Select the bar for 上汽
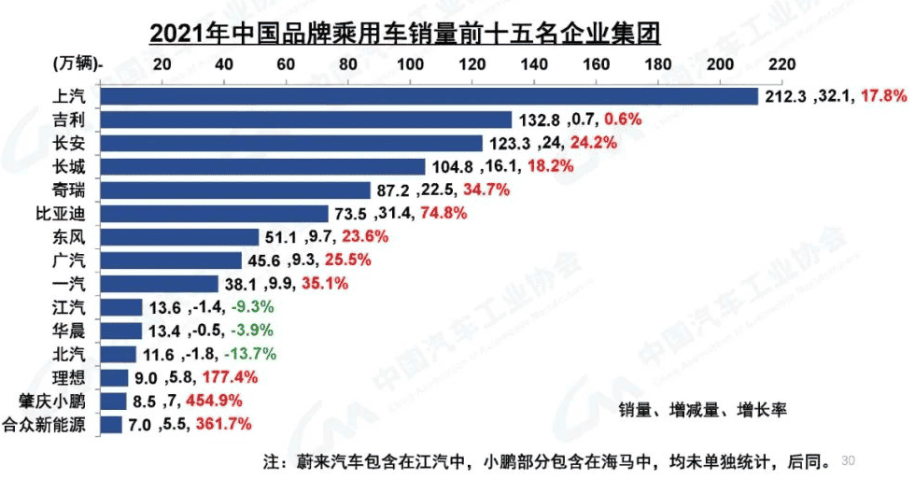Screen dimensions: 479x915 [x=429, y=96]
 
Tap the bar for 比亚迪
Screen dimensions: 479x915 [x=214, y=213]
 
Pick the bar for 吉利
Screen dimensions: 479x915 [x=305, y=120]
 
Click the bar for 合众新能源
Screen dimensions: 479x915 [x=111, y=425]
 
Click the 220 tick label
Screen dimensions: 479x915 [x=781, y=64]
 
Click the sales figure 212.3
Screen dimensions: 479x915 [x=785, y=96]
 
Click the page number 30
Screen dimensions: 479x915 [x=849, y=460]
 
